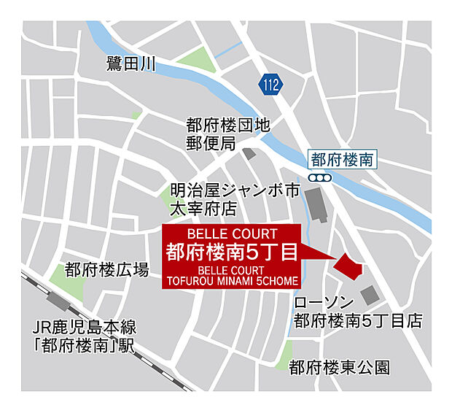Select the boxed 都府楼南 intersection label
[x=342, y=158]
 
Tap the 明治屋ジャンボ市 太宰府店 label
[x=234, y=199]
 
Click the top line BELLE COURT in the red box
[x=232, y=234]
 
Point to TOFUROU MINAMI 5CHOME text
[x=232, y=280]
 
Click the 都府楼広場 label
[x=106, y=270]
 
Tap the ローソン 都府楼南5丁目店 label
[x=357, y=312]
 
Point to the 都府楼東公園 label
[x=339, y=366]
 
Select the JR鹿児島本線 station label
[x=85, y=336]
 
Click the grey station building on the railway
[x=57, y=301]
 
